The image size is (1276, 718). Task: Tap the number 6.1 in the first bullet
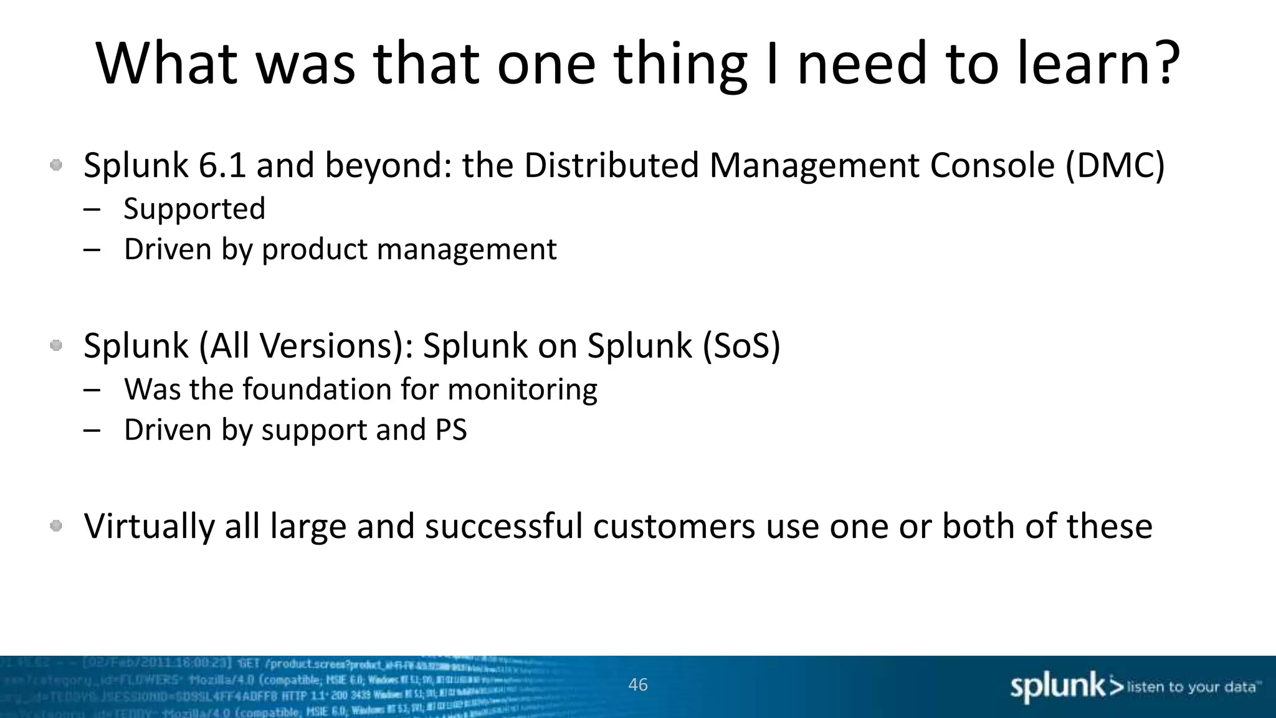(222, 166)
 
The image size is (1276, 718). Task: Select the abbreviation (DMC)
(1115, 166)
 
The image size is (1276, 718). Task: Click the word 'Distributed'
(611, 166)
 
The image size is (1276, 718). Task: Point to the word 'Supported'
(194, 209)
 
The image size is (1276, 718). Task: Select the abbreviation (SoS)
(741, 346)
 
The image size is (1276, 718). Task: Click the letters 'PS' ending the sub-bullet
(451, 430)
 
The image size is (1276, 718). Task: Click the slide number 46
(638, 685)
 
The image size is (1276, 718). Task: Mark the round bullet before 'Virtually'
(56, 526)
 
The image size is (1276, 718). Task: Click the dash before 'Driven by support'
(92, 430)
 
